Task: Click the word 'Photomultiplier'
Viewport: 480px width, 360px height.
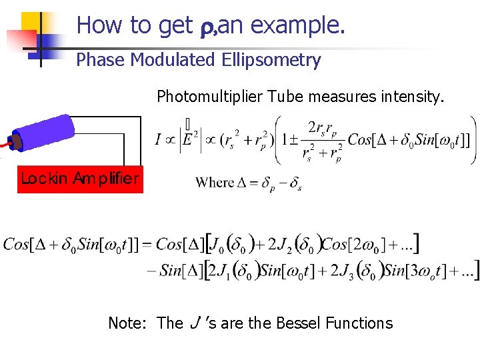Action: tap(210, 97)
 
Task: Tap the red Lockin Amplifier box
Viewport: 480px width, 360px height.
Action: tap(80, 178)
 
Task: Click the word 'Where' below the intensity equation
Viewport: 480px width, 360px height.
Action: tap(215, 182)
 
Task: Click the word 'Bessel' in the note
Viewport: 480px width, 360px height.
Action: tap(299, 323)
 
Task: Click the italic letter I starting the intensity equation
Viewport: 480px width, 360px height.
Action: tap(158, 140)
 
